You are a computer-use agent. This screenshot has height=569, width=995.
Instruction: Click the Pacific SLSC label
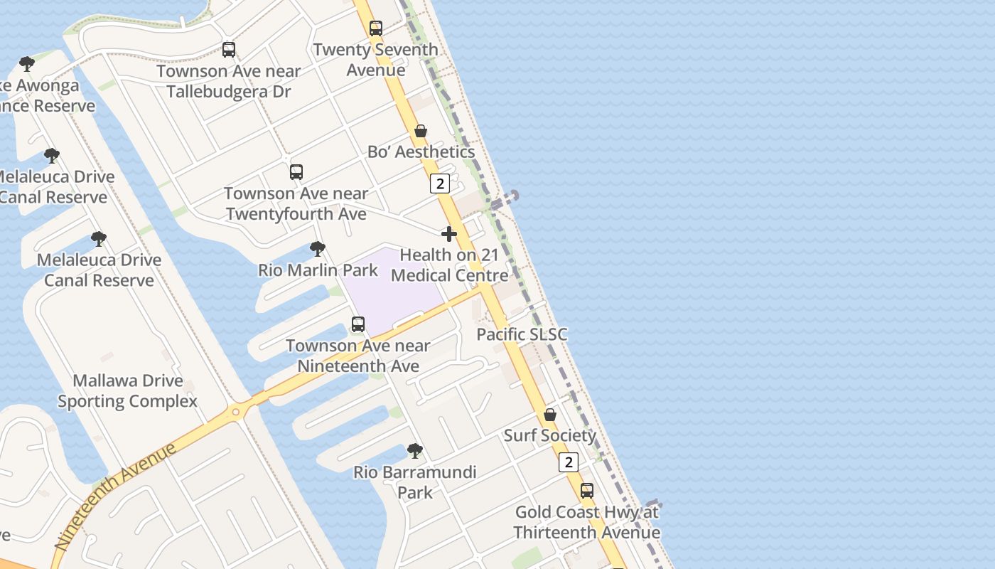tap(522, 334)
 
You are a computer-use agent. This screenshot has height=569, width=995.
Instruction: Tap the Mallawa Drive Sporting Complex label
tap(127, 391)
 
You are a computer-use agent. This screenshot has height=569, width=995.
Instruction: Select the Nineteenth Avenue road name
tap(116, 497)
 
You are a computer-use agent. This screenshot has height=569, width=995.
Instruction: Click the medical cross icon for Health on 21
tap(449, 233)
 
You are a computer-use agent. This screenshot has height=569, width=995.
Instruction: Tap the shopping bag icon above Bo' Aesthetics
tap(421, 131)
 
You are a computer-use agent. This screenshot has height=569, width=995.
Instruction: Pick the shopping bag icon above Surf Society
tap(550, 415)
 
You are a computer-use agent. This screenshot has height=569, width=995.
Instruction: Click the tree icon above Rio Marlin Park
tap(318, 249)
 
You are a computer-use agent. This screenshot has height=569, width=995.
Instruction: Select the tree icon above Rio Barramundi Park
tap(415, 451)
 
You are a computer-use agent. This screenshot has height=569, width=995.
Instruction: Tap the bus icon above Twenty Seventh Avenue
tap(376, 28)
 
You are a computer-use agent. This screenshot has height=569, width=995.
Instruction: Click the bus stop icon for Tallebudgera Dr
tap(229, 50)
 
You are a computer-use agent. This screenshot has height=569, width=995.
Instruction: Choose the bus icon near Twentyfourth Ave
tap(296, 172)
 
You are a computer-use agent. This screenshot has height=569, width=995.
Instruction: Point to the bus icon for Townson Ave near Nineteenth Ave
tap(358, 324)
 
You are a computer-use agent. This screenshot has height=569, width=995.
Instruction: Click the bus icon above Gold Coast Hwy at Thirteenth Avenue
tap(587, 491)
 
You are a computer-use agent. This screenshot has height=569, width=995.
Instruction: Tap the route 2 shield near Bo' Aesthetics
tap(440, 184)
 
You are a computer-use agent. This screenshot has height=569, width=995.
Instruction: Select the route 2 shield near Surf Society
tap(568, 462)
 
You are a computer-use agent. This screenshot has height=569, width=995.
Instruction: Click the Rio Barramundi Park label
tap(415, 482)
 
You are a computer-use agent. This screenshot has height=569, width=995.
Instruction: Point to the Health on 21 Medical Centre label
tap(450, 265)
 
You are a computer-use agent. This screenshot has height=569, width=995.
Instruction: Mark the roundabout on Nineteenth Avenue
tap(235, 412)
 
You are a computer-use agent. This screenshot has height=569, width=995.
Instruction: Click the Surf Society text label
tap(550, 435)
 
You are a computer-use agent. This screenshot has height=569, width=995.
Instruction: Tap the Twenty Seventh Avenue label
tap(375, 60)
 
